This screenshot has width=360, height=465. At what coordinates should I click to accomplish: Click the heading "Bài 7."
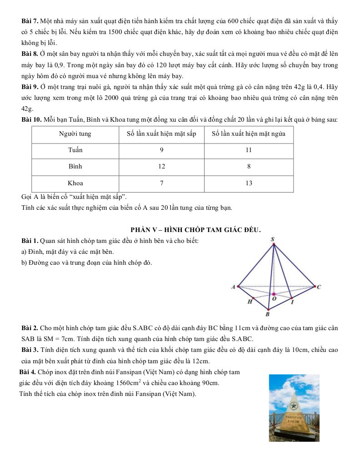coord(30,21)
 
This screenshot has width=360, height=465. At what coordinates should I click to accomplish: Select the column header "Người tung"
coord(75,134)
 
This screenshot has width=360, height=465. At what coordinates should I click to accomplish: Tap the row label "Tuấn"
coord(75,150)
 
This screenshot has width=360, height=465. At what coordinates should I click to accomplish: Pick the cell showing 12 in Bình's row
coord(161,167)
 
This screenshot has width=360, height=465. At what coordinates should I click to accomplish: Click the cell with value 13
coord(249,183)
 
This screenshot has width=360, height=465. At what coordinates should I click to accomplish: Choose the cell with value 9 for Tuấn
coord(161,150)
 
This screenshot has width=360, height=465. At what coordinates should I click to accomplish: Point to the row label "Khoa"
coord(75,183)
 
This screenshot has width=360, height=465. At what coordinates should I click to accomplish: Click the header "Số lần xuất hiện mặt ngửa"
coord(249,134)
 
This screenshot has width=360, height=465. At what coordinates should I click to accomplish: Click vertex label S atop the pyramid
coord(273,239)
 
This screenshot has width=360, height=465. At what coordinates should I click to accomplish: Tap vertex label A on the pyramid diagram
coord(233,287)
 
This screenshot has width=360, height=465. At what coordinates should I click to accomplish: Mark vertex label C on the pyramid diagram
coord(319,287)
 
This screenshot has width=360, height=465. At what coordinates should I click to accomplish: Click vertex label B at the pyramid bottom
coord(268,314)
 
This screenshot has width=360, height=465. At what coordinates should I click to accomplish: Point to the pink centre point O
coord(274,294)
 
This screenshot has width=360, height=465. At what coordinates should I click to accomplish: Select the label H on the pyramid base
coord(250,302)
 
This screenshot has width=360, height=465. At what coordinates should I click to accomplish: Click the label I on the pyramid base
coord(292,302)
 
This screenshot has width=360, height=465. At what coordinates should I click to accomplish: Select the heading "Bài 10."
coord(32,120)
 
